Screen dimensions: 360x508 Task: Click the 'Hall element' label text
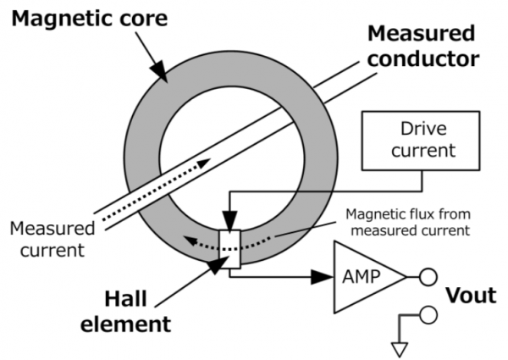pyautogui.click(x=135, y=312)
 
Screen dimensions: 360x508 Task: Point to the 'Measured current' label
pyautogui.click(x=51, y=240)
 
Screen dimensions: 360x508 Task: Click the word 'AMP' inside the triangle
pyautogui.click(x=363, y=275)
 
